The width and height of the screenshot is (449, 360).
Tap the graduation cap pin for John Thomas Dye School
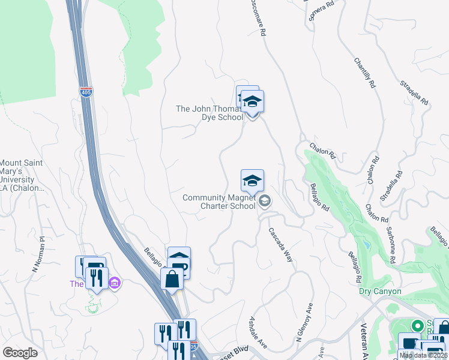(x=252, y=103)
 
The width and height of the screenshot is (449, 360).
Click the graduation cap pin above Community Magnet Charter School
(x=253, y=181)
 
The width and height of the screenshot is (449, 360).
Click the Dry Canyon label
(x=379, y=292)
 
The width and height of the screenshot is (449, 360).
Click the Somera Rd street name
(x=321, y=10)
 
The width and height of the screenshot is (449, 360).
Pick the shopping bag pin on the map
(x=172, y=280)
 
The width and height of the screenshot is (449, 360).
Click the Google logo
(x=20, y=353)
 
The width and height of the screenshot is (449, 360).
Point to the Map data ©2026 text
(x=424, y=355)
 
